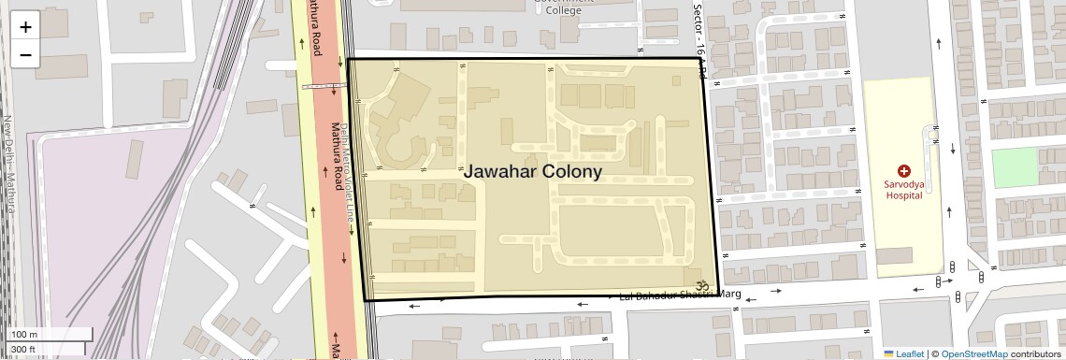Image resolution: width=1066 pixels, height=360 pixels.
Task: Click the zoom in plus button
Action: (25, 27)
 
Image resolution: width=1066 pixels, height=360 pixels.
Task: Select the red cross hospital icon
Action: (903, 170)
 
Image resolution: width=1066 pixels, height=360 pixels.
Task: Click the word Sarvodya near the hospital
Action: (903, 184)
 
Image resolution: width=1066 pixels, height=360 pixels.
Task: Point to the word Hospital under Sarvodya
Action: (903, 195)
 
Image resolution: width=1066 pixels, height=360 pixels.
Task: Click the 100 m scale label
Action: (24, 335)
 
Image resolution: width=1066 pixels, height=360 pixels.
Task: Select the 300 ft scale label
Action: (23, 349)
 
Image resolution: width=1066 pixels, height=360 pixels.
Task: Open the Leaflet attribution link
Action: (904, 353)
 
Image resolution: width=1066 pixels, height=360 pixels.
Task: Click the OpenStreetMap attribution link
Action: (974, 353)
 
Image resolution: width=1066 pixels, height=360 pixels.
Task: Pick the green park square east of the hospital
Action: (1015, 167)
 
